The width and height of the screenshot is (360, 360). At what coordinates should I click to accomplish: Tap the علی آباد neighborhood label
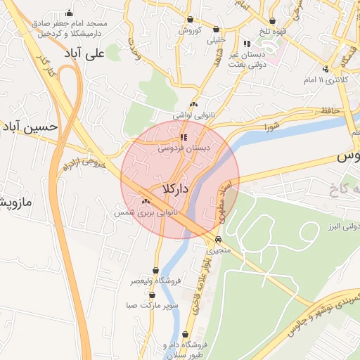103,53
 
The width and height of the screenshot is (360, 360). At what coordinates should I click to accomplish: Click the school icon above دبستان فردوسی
184,138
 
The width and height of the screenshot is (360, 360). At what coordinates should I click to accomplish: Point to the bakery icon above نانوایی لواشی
194,104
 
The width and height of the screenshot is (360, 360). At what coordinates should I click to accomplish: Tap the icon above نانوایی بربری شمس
146,201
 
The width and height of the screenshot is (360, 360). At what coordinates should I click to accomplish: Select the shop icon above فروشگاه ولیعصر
155,270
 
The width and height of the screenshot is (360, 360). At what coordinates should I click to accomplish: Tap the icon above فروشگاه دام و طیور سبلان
185,335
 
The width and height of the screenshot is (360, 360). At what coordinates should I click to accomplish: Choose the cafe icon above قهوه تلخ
272,21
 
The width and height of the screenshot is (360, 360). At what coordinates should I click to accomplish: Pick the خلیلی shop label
217,41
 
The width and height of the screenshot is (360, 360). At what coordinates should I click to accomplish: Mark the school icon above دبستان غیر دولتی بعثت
245,44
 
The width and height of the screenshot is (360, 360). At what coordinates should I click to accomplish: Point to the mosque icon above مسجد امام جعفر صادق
69,13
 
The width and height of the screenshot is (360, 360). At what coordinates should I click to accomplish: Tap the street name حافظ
330,110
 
